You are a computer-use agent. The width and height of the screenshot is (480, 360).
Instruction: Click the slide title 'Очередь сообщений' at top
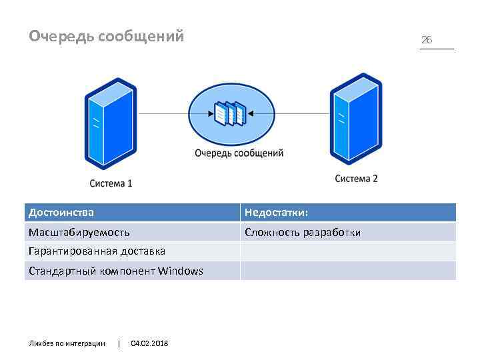pos(106,36)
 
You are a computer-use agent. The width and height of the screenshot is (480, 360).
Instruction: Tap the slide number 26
pos(427,40)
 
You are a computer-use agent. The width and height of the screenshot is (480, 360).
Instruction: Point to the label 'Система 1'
pos(111,183)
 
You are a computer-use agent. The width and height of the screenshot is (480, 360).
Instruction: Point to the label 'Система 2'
pos(356,178)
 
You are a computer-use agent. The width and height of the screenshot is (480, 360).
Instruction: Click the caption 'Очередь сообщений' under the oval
pos(239,153)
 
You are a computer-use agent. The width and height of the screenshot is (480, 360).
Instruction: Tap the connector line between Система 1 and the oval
pos(163,114)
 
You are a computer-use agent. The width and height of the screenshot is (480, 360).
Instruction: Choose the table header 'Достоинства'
pos(61,213)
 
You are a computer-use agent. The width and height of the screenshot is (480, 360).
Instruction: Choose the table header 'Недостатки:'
pos(276,213)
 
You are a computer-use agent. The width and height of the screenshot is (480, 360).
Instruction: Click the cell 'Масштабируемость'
pos(79,232)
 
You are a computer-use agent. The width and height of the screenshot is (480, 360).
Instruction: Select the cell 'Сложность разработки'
pos(303,232)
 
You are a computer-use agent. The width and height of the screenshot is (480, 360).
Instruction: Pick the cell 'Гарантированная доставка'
pos(97,251)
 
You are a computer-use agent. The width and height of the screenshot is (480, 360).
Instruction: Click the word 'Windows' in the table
pos(181,271)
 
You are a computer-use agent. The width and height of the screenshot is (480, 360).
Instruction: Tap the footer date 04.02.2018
pos(150,343)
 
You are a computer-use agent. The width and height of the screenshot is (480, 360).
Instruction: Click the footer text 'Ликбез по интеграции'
pos(67,343)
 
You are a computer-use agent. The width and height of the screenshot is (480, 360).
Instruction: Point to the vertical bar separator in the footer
pos(119,343)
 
